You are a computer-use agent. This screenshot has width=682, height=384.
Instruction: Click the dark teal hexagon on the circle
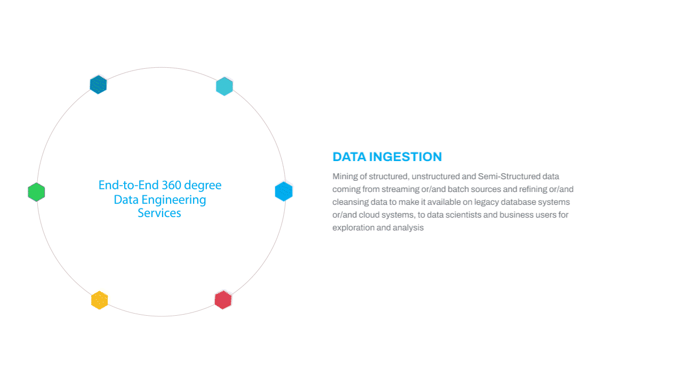[x=98, y=84]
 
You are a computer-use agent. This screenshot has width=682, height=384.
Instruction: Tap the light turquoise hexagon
[x=224, y=86]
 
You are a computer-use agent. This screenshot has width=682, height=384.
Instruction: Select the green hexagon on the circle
[x=36, y=192]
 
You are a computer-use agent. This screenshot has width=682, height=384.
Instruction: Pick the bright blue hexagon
[x=284, y=191]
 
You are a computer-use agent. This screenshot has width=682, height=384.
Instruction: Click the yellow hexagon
[x=99, y=300]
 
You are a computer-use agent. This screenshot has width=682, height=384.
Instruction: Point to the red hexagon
[x=223, y=300]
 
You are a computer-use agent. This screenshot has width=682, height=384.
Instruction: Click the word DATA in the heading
[x=349, y=157]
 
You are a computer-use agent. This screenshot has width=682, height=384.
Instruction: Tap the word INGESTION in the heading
[x=406, y=157]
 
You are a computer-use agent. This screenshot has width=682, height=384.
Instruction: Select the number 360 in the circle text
[x=171, y=185]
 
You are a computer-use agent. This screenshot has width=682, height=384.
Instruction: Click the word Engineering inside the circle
[x=174, y=201]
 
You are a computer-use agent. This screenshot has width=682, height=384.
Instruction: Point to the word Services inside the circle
[x=159, y=213]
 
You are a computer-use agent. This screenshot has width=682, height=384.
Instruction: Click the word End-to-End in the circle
[x=129, y=185]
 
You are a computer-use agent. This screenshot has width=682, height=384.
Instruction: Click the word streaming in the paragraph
[x=400, y=189]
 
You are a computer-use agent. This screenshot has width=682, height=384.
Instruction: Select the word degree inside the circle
[x=203, y=186]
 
